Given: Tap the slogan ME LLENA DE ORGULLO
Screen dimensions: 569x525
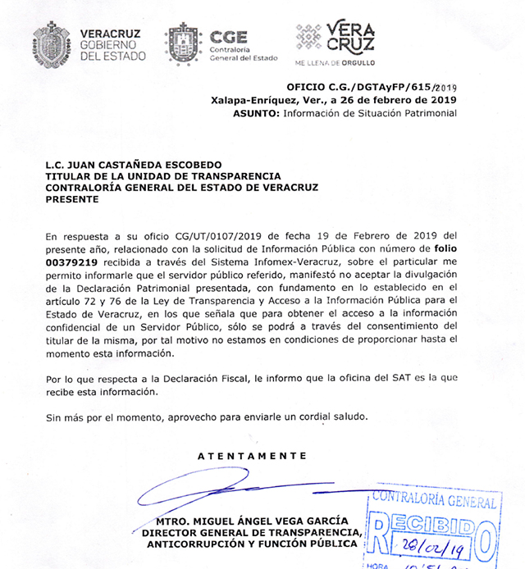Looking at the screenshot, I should pyautogui.click(x=334, y=62).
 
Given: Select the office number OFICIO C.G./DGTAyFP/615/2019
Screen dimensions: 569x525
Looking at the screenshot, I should pyautogui.click(x=372, y=86).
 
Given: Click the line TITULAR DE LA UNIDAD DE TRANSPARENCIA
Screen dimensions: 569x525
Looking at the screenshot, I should pyautogui.click(x=163, y=176).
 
